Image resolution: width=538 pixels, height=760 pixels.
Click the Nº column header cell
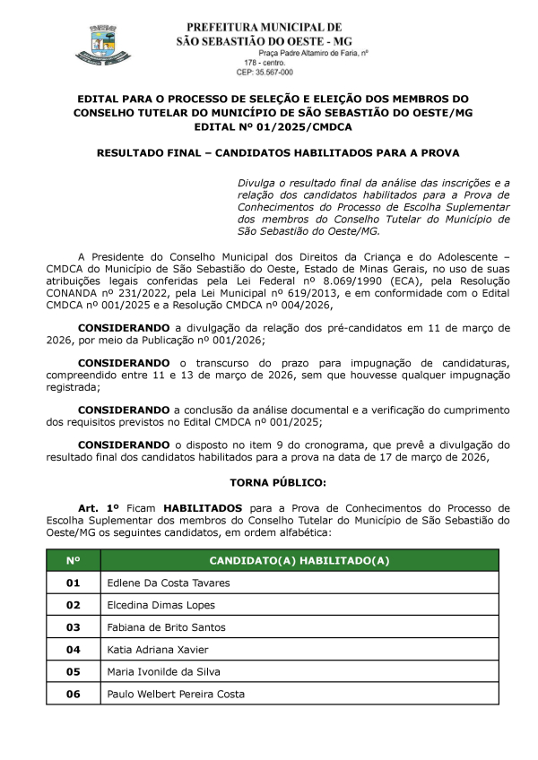[73, 560]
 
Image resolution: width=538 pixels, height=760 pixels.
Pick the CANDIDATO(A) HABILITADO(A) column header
[299, 560]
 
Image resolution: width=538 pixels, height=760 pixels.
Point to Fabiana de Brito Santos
[166, 627]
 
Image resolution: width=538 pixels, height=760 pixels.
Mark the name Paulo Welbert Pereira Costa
[176, 694]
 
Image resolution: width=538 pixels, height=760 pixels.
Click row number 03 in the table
[73, 627]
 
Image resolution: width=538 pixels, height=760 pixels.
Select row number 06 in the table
[73, 694]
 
